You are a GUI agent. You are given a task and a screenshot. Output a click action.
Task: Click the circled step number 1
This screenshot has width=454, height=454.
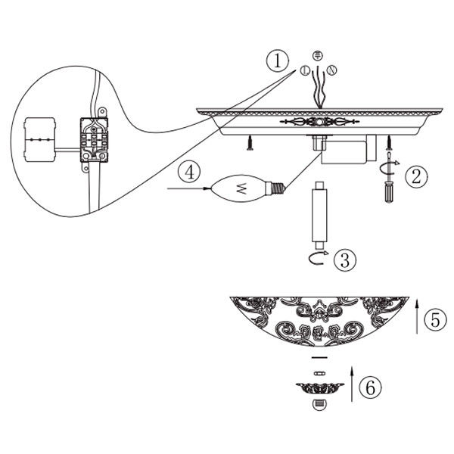(278, 61)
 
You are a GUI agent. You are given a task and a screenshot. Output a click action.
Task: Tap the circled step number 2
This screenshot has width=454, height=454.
(416, 176)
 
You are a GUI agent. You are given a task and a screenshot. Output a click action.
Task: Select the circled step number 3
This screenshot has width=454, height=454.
(345, 260)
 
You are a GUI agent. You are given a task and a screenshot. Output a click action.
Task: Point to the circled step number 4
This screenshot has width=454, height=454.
(189, 172)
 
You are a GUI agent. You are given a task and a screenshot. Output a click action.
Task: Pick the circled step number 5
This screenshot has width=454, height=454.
(436, 319)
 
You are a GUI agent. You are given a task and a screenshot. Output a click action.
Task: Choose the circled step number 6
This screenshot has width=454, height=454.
(370, 387)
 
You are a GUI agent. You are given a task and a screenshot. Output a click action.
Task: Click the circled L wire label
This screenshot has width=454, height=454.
(305, 70)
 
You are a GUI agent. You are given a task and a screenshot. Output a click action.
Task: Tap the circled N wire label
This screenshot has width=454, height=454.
(331, 70)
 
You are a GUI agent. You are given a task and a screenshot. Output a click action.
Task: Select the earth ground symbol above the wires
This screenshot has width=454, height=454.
(318, 55)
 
